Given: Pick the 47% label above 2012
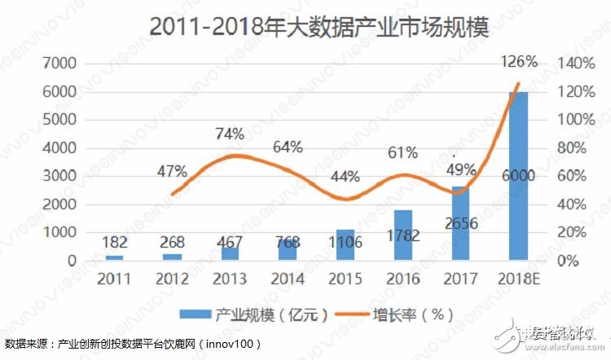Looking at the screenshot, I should (x=171, y=172).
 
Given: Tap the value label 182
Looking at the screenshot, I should (x=115, y=242).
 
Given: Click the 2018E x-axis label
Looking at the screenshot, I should (x=518, y=279).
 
